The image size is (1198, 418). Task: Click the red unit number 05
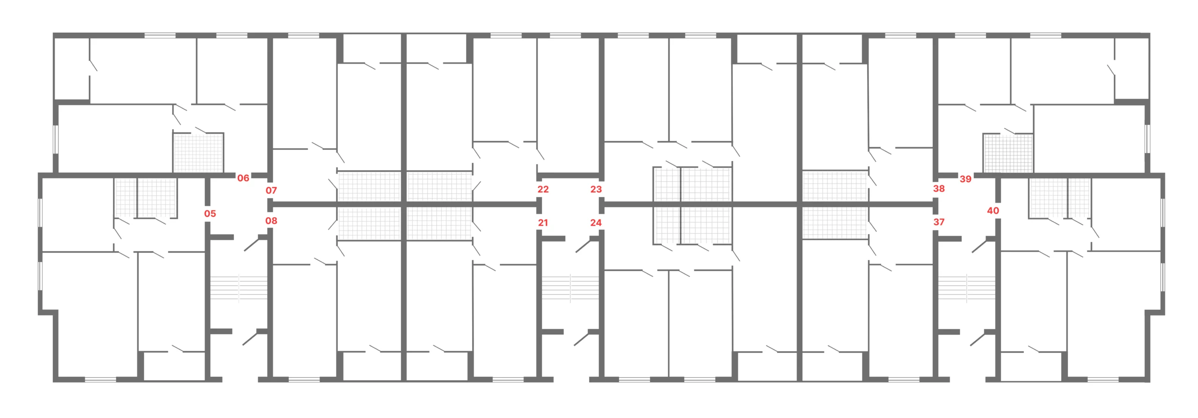[210, 213]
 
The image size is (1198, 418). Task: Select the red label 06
[243, 178]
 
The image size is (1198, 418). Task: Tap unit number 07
[271, 190]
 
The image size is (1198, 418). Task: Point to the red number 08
[271, 220]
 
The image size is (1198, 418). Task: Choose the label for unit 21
[543, 222]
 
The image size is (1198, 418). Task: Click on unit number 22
[543, 189]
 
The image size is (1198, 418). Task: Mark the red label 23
[596, 189]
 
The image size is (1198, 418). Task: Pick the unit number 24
[596, 222]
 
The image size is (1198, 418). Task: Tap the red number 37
[939, 222]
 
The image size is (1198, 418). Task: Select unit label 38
[939, 189]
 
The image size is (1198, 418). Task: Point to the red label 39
[965, 179]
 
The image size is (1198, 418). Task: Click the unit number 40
[993, 211]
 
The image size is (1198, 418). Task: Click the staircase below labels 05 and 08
[239, 287]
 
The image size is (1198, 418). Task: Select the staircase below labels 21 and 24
[570, 287]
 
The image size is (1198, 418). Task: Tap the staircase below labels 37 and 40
[967, 287]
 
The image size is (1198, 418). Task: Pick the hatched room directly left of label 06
[198, 153]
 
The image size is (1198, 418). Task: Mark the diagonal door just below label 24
[583, 246]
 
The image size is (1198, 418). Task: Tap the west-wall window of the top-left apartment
[56, 139]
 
